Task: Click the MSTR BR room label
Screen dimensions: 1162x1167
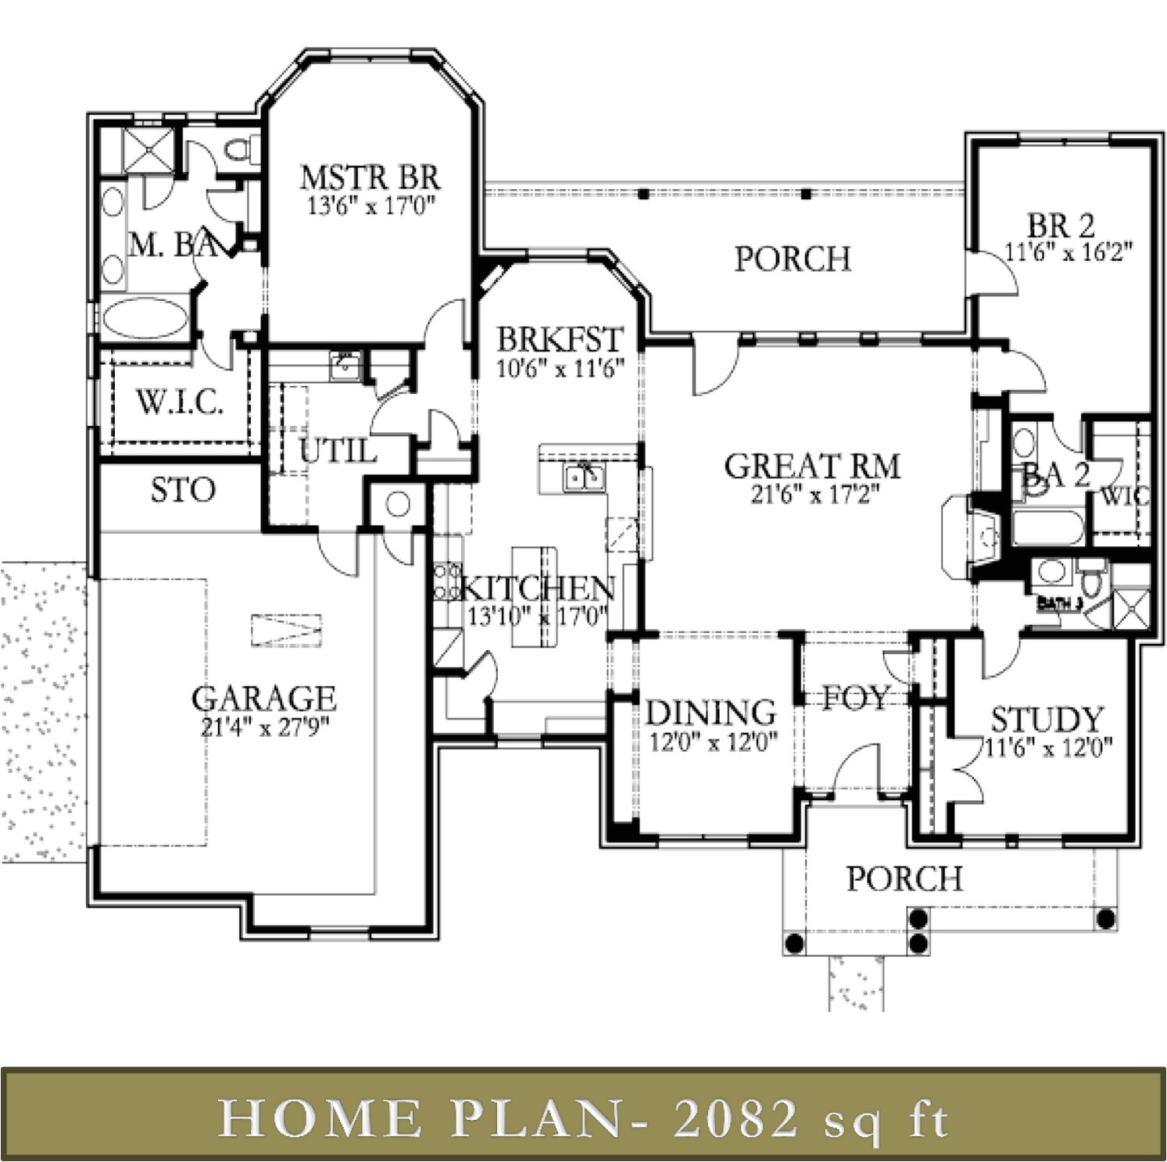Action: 370,177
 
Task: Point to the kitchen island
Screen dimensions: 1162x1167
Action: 535,596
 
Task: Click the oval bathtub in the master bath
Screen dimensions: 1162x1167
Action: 145,320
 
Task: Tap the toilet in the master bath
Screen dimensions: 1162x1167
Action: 237,148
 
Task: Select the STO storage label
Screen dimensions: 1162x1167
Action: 183,491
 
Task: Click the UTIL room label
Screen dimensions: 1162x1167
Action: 337,451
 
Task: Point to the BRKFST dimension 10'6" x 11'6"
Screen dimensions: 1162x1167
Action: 560,368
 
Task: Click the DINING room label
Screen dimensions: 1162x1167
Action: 711,713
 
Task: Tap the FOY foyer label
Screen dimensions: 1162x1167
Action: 856,697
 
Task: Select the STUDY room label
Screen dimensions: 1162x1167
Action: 1047,718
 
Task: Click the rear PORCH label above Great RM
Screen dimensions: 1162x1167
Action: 793,259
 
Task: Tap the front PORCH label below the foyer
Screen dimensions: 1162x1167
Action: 904,879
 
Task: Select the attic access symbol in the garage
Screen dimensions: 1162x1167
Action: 286,629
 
